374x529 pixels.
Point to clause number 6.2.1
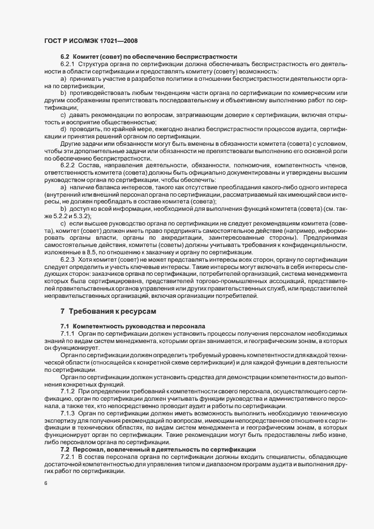click(69, 66)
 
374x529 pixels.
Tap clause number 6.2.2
click(69, 166)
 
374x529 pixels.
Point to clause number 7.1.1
click(69, 335)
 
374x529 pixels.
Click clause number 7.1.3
click(69, 414)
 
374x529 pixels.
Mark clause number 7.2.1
click(69, 457)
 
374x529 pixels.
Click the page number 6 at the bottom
click(45, 484)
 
